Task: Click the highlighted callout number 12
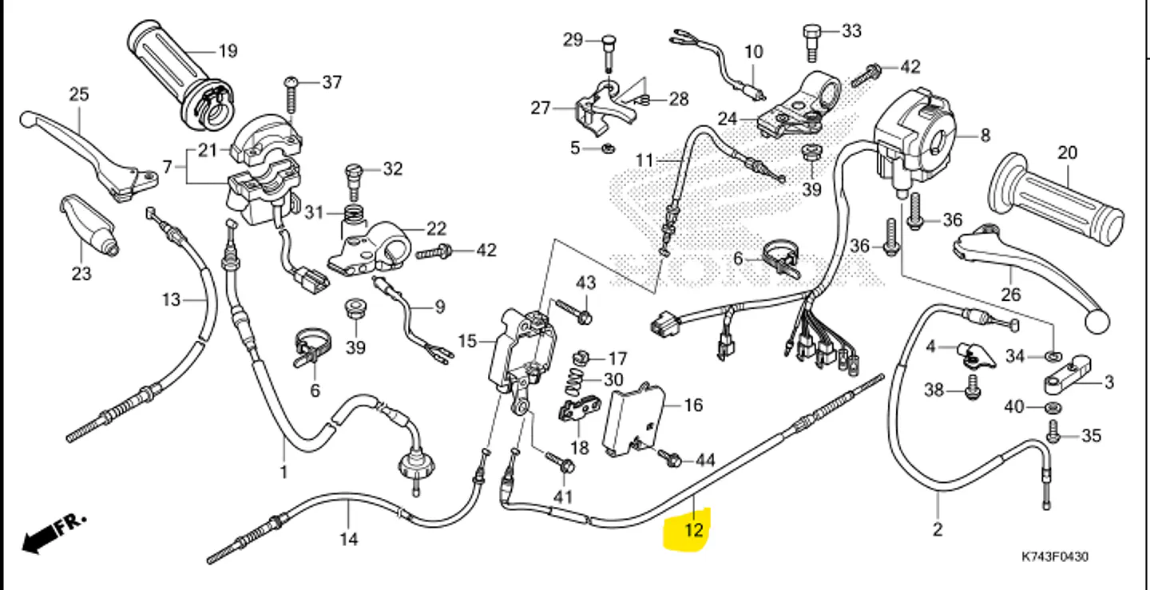tap(693, 530)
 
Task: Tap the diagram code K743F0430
tap(1054, 556)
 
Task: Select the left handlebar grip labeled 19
tap(179, 75)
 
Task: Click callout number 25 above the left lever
tap(79, 94)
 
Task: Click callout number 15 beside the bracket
tap(467, 341)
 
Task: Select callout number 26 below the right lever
tap(1011, 295)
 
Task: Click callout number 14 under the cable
tap(349, 539)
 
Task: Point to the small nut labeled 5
tap(609, 148)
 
